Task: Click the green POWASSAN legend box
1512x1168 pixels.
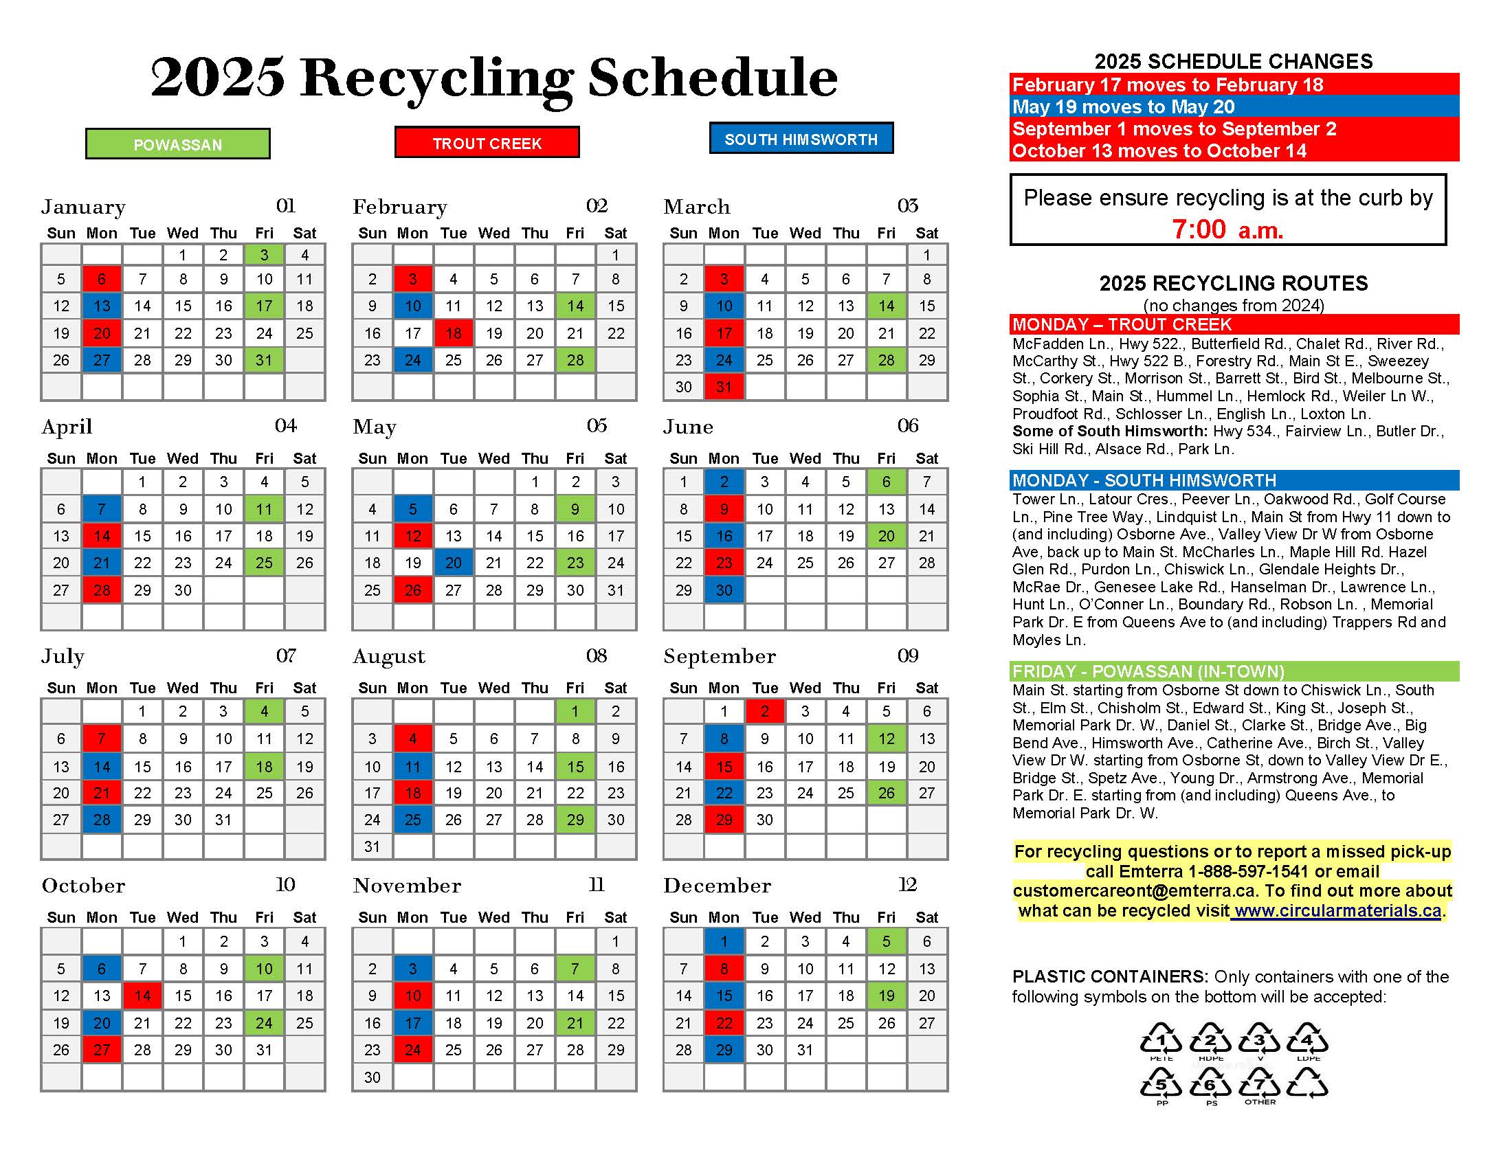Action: (x=177, y=144)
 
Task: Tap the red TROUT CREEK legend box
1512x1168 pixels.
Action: (x=487, y=142)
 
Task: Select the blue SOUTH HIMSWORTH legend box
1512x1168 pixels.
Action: (x=801, y=138)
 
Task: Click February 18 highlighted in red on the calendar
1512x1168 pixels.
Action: (x=454, y=333)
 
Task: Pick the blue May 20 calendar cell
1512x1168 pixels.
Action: (x=454, y=563)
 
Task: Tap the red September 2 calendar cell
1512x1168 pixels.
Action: (x=764, y=710)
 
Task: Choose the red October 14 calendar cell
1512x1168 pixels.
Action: (x=143, y=995)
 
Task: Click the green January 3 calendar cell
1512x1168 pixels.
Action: (x=264, y=255)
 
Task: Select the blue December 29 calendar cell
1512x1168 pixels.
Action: (x=724, y=1049)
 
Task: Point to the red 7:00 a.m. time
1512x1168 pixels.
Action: (x=1227, y=229)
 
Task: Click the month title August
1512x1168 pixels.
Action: (x=389, y=656)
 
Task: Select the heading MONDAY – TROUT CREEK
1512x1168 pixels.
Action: (x=1122, y=324)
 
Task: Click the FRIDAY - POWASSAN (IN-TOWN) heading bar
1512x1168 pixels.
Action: (x=1148, y=671)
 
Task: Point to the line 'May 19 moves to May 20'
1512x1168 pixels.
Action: (x=1123, y=106)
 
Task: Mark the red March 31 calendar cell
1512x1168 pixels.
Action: (x=724, y=387)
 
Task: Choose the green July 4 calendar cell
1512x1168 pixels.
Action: (x=264, y=710)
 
